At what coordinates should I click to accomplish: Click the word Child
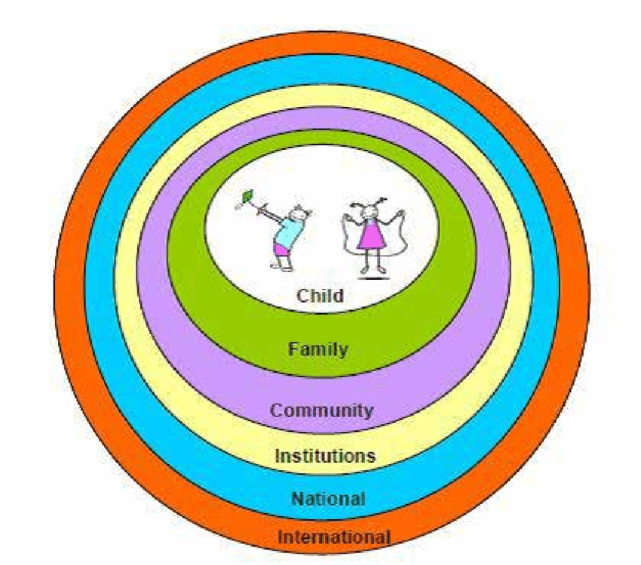tap(320, 295)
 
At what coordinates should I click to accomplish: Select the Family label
tap(317, 349)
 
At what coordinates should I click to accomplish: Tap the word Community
tap(321, 411)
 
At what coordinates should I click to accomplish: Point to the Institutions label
tap(324, 456)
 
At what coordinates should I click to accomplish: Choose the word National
tap(328, 499)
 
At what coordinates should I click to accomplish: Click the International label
tap(334, 538)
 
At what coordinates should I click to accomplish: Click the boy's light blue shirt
tap(289, 229)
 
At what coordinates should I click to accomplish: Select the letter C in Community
tap(276, 411)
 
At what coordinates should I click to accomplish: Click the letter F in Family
tap(293, 349)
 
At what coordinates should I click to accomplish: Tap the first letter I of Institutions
tap(277, 456)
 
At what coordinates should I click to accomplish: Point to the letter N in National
tap(297, 499)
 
